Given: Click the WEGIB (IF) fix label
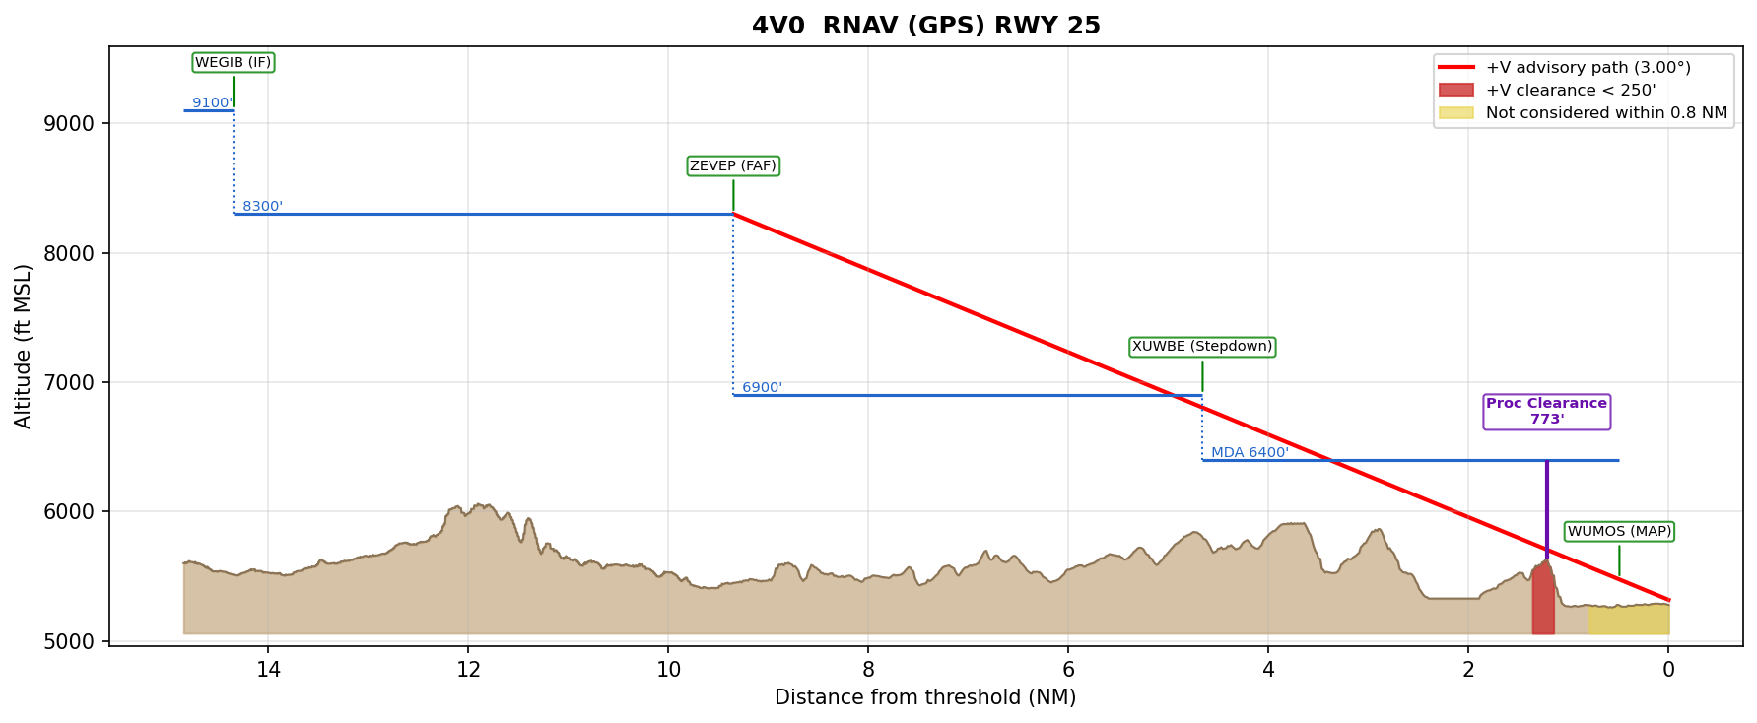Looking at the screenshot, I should pos(233,63).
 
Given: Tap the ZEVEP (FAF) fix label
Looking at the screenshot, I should pos(733,165).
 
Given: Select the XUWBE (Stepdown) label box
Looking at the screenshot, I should pos(1202,347).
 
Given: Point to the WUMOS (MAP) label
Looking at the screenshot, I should pos(1619,531).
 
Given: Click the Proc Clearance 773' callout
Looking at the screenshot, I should pos(1546,411).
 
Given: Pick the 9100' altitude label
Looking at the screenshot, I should pos(212,102).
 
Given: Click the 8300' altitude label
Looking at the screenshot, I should pos(262,206).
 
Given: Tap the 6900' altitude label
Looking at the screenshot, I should pos(762,387).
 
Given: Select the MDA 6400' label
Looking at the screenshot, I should pos(1250,452).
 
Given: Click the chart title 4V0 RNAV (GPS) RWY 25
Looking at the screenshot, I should pos(925,26).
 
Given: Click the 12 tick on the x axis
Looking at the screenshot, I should pos(468,670).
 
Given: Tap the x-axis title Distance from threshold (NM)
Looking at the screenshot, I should pos(925,697).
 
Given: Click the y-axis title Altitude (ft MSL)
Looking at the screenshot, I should pos(24,346).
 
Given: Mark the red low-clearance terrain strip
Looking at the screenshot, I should pos(1542,601).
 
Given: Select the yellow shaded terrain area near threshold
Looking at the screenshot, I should pos(1628,620).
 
